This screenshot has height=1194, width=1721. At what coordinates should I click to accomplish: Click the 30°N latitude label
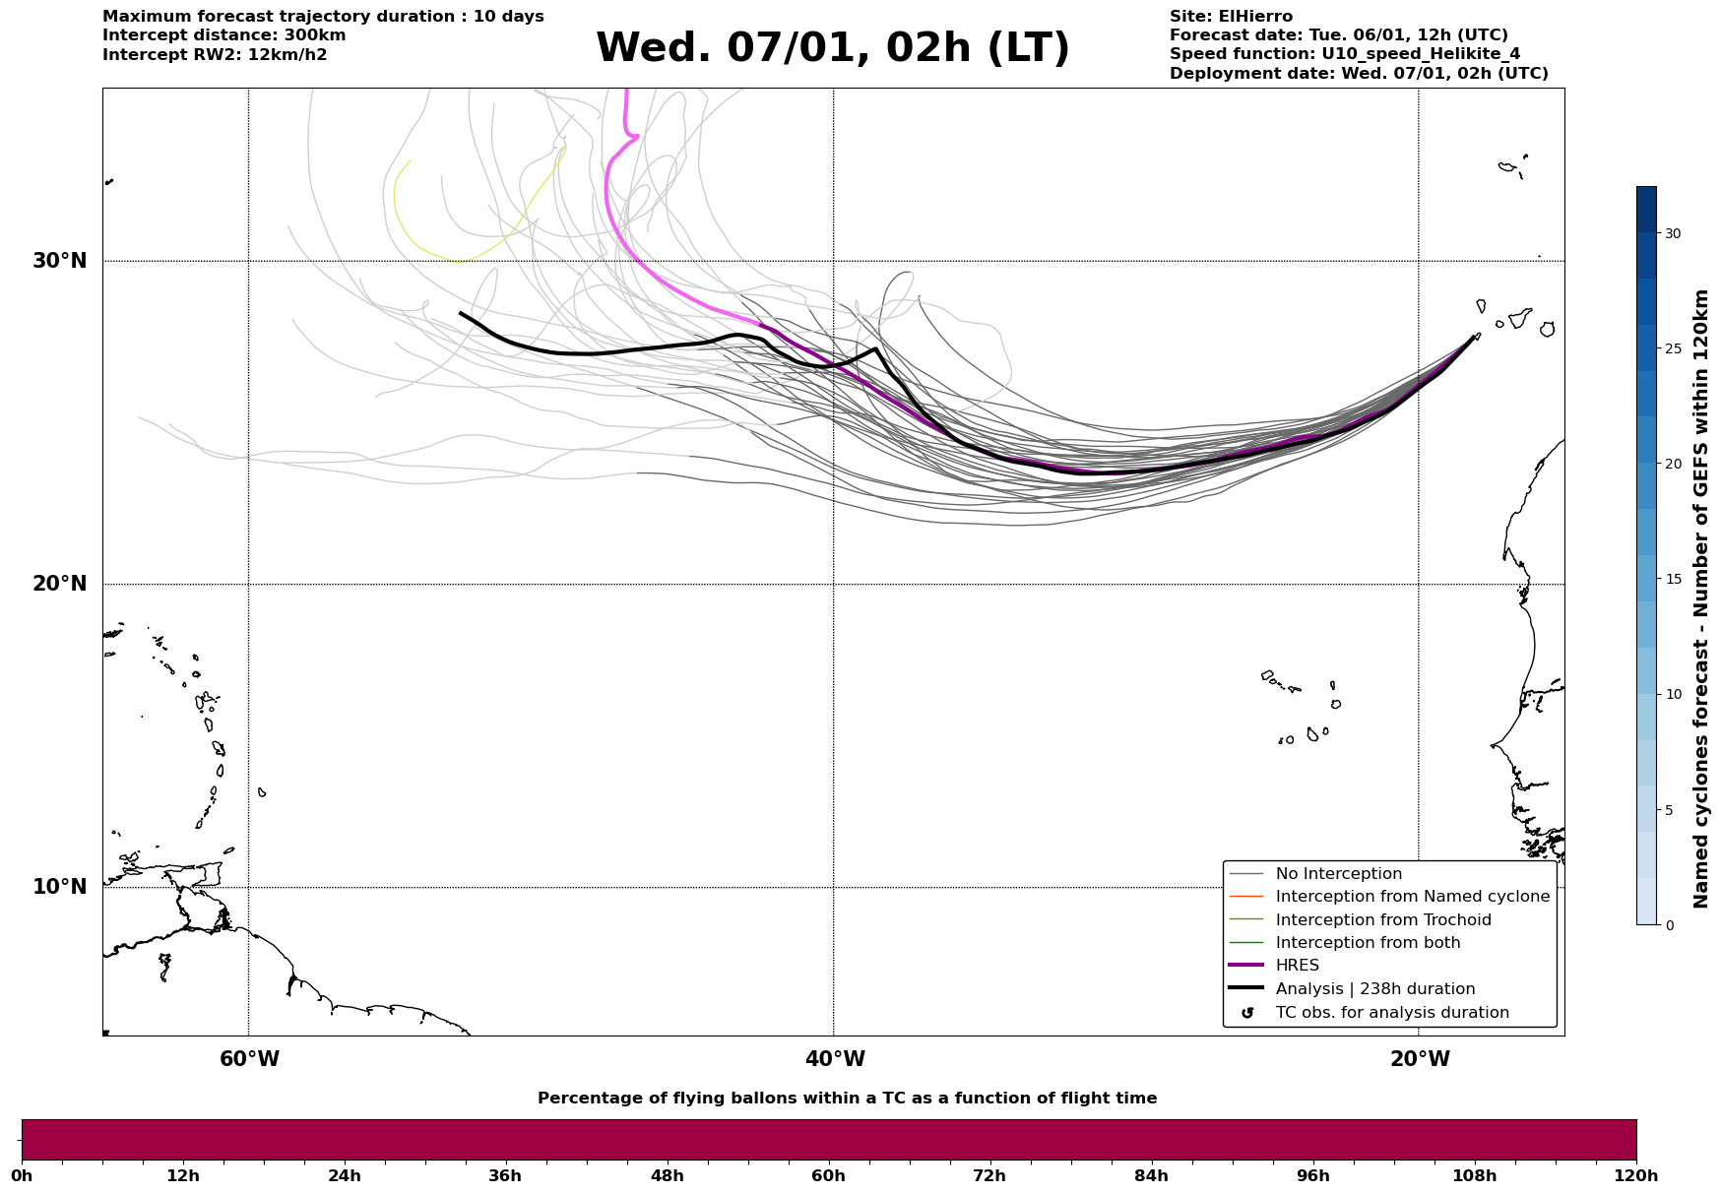[59, 261]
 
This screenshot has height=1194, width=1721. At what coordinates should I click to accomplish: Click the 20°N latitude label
[59, 584]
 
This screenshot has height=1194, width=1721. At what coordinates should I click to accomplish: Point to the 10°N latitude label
[59, 887]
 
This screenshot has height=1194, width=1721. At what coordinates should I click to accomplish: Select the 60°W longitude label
[249, 1059]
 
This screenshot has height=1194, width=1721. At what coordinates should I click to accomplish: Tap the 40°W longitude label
[834, 1059]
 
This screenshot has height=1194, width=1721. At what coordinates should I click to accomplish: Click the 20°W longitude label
[1419, 1059]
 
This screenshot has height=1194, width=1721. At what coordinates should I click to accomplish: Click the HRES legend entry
[1297, 966]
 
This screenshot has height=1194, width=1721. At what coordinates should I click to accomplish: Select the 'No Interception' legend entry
[1338, 874]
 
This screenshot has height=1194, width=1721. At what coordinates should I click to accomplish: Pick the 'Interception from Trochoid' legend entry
[1382, 920]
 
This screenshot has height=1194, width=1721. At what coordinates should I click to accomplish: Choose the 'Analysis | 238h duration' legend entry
[1374, 989]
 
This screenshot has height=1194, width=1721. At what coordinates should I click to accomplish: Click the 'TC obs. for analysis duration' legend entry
[1391, 1013]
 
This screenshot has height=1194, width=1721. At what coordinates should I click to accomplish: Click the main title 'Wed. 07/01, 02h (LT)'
[832, 48]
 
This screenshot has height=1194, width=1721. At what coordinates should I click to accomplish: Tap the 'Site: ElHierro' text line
[1231, 17]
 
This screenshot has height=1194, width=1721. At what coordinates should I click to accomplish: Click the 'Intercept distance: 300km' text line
[223, 35]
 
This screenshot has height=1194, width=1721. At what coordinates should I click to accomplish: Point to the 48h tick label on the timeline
[667, 1176]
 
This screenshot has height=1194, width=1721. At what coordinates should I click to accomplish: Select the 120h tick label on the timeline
[1635, 1176]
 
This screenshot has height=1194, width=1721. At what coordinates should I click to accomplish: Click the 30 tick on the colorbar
[1673, 233]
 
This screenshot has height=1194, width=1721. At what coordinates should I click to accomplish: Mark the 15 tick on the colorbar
[1673, 579]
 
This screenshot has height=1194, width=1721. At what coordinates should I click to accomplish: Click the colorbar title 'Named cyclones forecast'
[1700, 598]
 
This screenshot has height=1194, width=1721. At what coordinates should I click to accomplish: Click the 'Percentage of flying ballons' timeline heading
[847, 1099]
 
